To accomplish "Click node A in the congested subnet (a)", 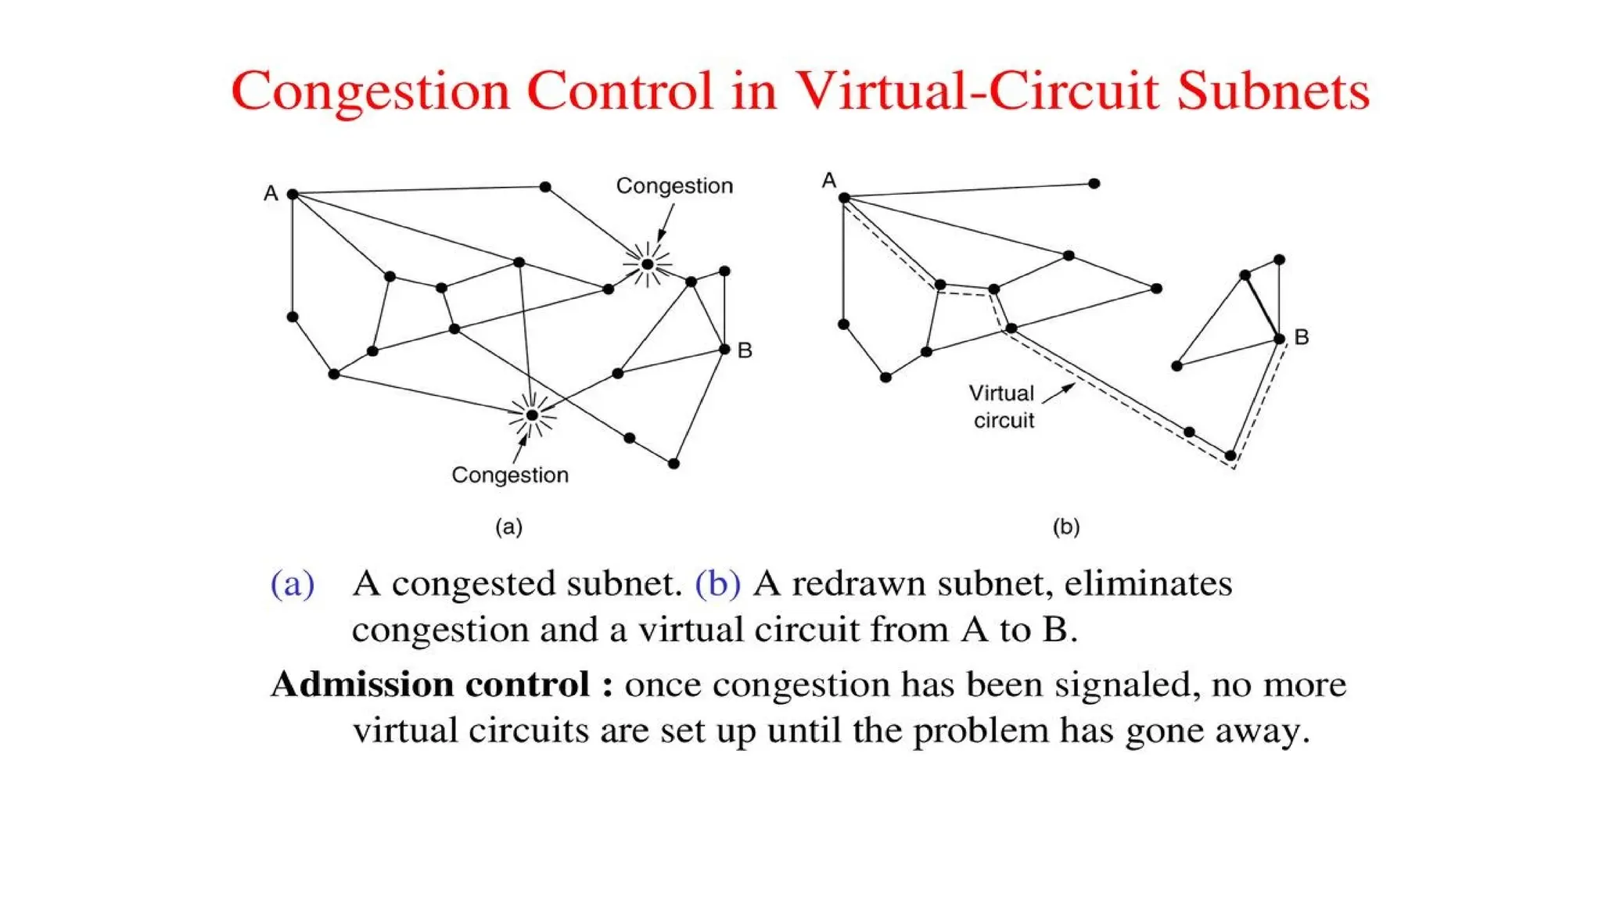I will [293, 194].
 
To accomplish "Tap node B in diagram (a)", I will [724, 350].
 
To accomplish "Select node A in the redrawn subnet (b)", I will [844, 198].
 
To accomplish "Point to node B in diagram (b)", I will [1279, 339].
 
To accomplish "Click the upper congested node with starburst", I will [647, 264].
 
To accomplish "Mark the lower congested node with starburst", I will [532, 415].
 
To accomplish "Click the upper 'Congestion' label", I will [674, 186].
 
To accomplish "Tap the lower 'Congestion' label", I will [510, 475].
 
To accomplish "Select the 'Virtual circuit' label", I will [1003, 407].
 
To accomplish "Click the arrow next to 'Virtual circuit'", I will [1059, 393].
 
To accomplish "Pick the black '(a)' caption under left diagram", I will [508, 526].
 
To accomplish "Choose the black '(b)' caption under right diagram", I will [1066, 526].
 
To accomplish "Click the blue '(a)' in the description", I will [293, 584].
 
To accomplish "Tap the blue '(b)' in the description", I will [717, 584].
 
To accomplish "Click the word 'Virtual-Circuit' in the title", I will [976, 91].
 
